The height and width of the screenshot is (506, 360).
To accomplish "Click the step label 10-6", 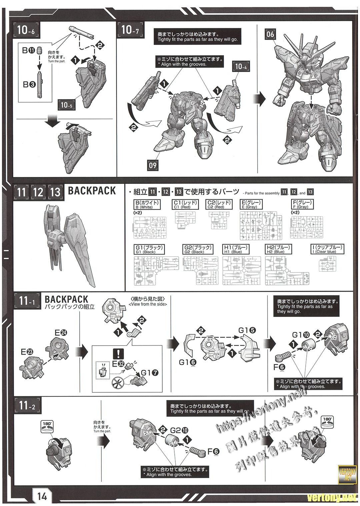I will tap(26, 31).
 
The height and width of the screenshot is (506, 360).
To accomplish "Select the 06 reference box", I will tap(270, 34).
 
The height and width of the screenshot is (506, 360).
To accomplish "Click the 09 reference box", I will tap(153, 165).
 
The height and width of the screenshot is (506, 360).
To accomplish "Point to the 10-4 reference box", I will tap(241, 67).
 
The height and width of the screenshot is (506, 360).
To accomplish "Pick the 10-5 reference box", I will tap(67, 105).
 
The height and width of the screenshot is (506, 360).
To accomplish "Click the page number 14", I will tap(42, 496).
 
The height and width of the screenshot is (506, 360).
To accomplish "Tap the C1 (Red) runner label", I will tap(186, 204).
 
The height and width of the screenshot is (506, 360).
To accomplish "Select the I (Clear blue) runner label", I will tap(327, 249).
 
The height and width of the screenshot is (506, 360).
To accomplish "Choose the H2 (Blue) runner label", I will tap(279, 249).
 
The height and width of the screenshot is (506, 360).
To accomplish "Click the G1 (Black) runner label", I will tap(149, 249).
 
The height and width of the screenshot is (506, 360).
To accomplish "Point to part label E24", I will tap(61, 333).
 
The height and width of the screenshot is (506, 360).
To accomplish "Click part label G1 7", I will tap(150, 373).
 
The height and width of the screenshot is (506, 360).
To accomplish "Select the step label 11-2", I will tap(27, 406).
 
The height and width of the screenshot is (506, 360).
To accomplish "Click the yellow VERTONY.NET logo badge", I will tap(347, 475).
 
